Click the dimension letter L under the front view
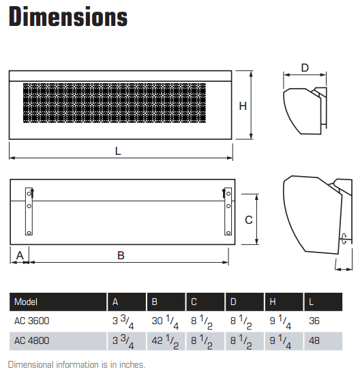click(x=118, y=151)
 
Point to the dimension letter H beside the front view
click(x=243, y=105)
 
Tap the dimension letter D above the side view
click(x=305, y=68)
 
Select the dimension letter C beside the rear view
click(x=249, y=219)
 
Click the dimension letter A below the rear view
click(x=19, y=255)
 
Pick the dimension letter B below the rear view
click(x=121, y=255)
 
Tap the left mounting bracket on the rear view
click(x=28, y=209)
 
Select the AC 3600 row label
click(x=31, y=320)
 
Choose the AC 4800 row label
click(x=31, y=340)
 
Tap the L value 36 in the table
click(x=314, y=320)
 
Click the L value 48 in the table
click(x=314, y=340)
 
